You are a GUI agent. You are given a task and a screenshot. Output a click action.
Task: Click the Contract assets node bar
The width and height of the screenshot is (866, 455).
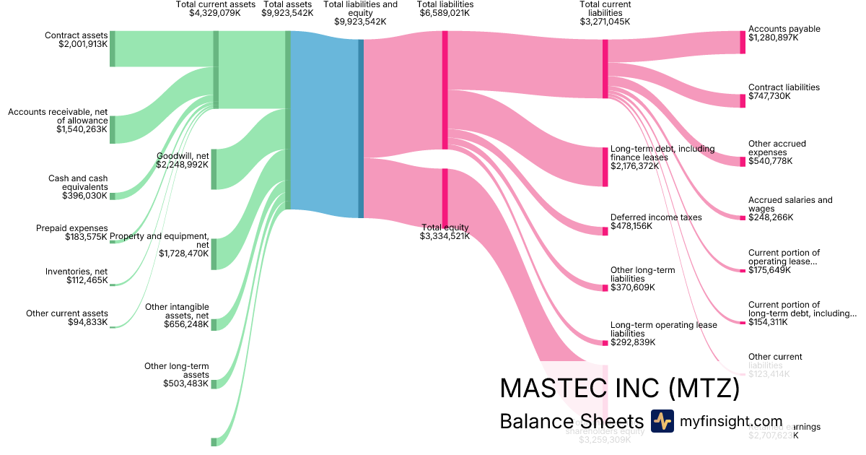[113, 49]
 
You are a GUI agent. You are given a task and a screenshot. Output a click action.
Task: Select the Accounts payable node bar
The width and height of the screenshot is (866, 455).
[743, 43]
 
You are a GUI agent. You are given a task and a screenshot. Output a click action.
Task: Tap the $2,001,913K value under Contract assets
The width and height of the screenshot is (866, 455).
[83, 44]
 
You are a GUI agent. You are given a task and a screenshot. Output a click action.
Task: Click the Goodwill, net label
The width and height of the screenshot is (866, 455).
[183, 155]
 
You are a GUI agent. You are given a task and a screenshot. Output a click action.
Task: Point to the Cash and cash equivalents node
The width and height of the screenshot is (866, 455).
[113, 196]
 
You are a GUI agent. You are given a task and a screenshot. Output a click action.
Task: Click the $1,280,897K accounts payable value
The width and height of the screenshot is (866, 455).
[774, 38]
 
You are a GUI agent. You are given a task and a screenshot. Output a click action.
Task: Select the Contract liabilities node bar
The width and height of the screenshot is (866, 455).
[743, 100]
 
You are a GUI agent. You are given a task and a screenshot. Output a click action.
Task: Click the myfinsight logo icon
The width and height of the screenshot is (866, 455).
[662, 421]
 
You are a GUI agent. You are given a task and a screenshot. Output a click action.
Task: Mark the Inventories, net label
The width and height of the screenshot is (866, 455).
[76, 271]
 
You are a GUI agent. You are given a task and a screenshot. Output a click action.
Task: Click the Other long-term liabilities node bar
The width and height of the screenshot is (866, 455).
[605, 287]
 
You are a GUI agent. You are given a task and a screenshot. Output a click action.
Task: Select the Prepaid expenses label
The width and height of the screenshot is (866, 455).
[71, 228]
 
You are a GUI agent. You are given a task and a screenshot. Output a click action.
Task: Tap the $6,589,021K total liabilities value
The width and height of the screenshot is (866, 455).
[445, 13]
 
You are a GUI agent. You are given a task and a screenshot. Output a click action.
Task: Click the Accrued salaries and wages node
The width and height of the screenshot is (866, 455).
[743, 217]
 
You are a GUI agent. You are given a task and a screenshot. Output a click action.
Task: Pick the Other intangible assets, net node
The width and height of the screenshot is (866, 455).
[214, 324]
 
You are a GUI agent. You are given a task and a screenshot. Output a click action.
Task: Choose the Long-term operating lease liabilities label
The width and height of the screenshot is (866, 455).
[664, 329]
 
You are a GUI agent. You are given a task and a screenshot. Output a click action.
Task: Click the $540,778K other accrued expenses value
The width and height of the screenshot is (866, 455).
[770, 161]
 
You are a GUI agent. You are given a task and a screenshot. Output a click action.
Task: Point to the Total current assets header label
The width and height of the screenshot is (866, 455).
[216, 4]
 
